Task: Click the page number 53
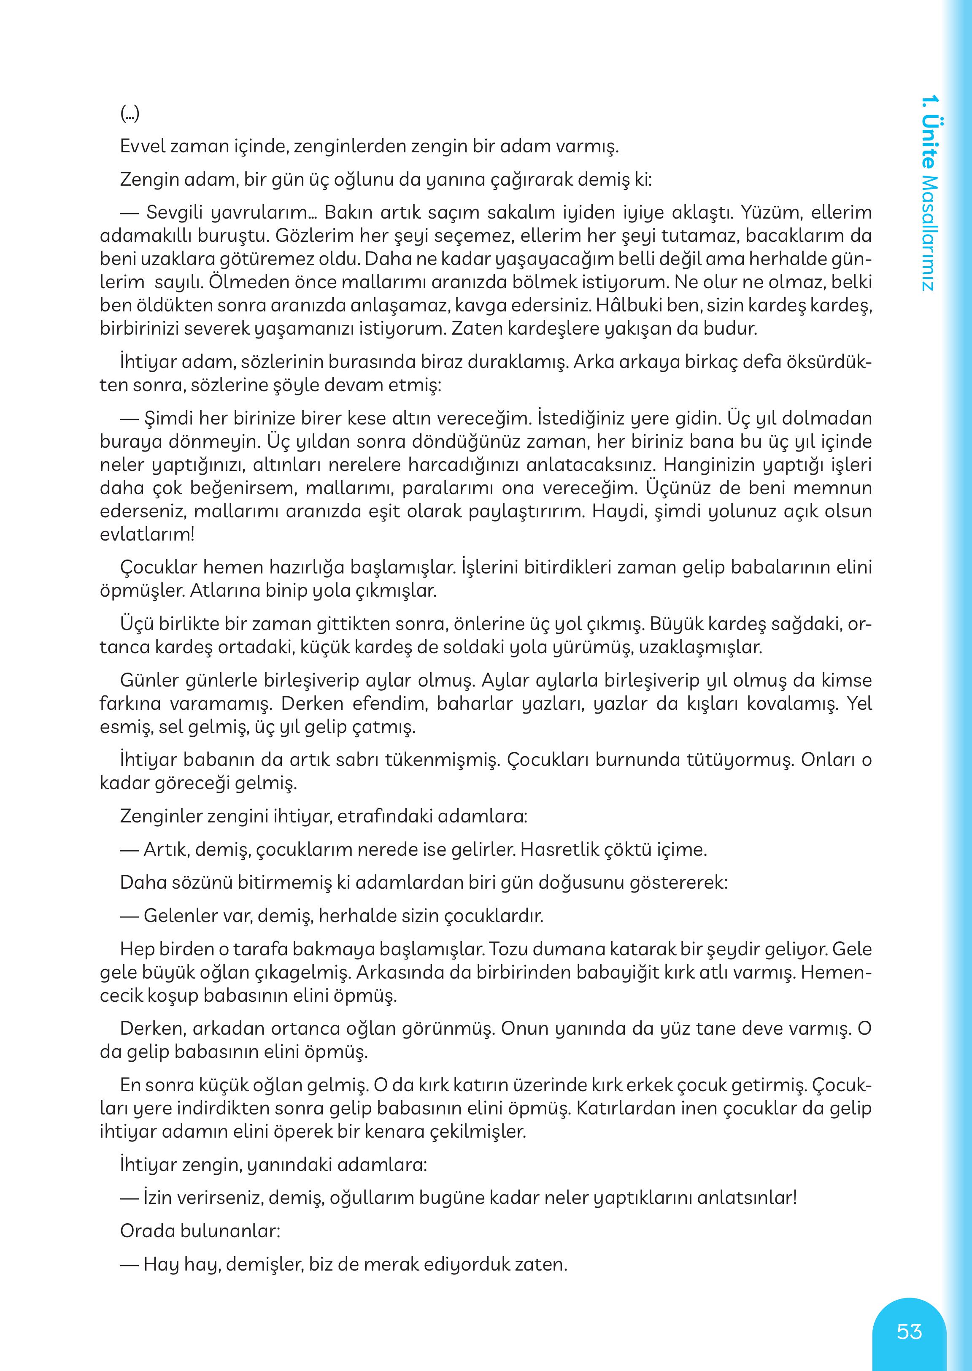tap(909, 1331)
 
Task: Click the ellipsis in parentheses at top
tap(130, 113)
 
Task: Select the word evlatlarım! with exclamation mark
tap(147, 534)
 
